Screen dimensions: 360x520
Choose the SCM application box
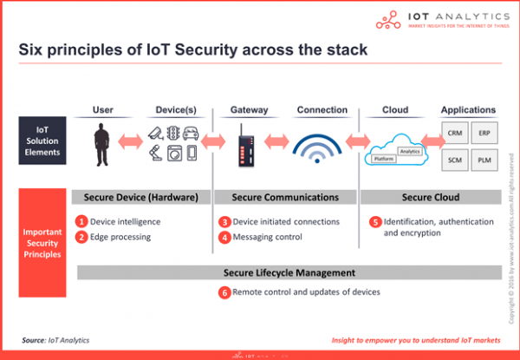(455, 161)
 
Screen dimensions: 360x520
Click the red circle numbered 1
(81, 221)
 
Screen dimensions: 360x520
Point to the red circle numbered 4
(224, 237)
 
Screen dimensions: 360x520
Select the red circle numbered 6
(224, 292)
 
